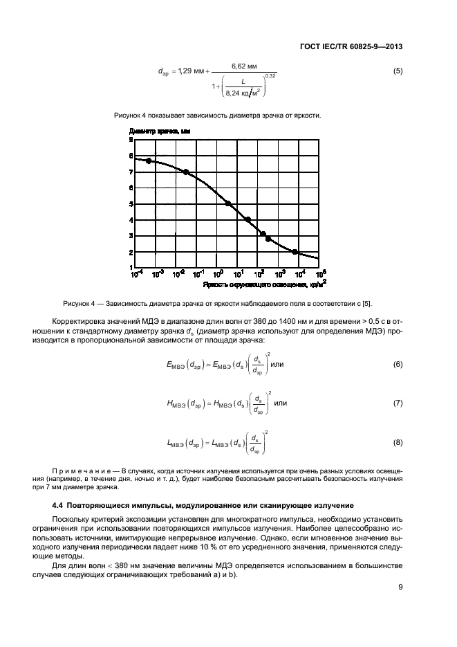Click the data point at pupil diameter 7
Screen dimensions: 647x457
(186, 172)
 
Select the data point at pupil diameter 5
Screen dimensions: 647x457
(227, 203)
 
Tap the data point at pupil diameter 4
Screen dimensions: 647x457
(248, 219)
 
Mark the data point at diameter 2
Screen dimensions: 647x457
(295, 252)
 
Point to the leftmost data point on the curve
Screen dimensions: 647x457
(148, 161)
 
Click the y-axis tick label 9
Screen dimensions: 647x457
(131, 140)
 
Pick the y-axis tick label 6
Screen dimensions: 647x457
(131, 188)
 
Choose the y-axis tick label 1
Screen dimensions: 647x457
(131, 267)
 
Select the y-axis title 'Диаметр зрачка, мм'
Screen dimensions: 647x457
(159, 130)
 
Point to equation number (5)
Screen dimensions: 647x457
(398, 71)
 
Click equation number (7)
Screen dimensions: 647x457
(398, 403)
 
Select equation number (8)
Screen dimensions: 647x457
(398, 441)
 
